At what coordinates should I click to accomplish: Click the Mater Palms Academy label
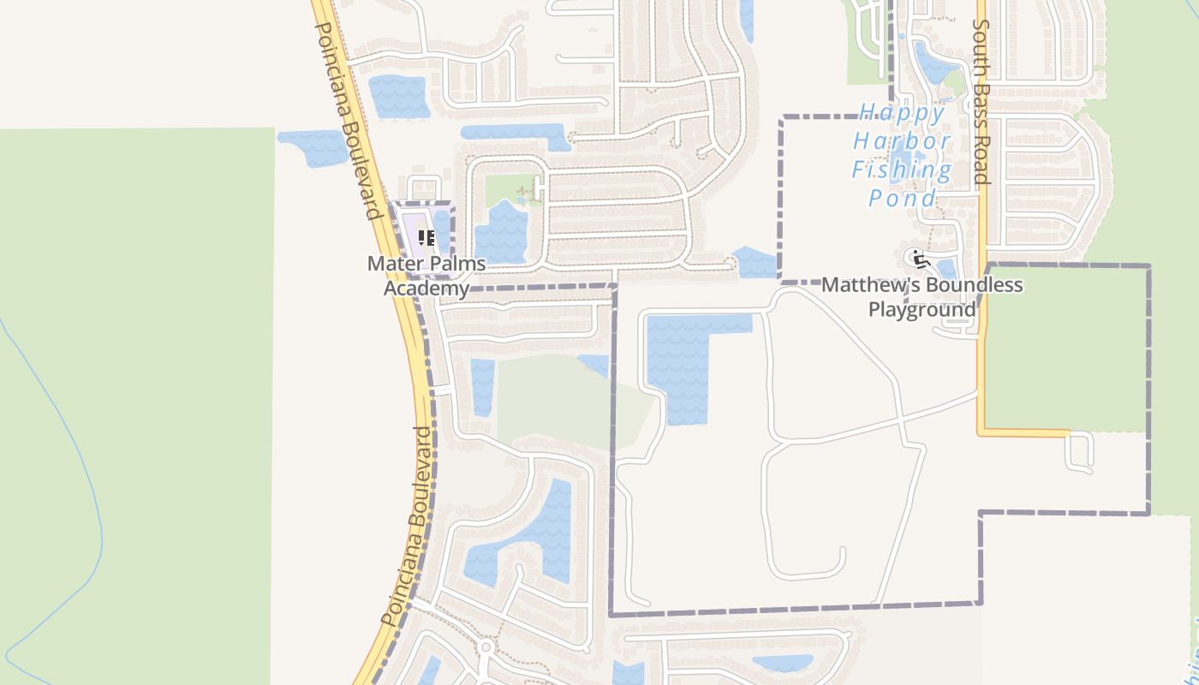point(427,275)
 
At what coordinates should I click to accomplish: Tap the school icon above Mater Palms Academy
point(426,237)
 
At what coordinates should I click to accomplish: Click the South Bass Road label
point(981,103)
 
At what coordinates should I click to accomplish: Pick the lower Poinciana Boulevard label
point(407,527)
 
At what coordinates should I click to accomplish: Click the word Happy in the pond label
point(903,113)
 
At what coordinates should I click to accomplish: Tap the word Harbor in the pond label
point(903,141)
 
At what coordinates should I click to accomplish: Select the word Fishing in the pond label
point(902,170)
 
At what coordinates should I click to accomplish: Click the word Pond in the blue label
point(903,199)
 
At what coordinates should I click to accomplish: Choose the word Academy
point(427,288)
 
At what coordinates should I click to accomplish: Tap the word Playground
point(922,309)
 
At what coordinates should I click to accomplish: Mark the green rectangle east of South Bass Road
point(1066,347)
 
